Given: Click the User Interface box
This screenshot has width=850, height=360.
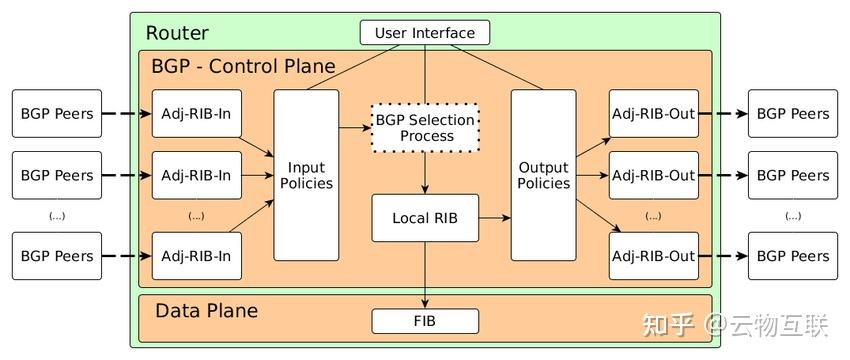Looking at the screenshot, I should point(425,33).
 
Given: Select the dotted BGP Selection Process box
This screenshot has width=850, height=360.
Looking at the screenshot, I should point(425,128).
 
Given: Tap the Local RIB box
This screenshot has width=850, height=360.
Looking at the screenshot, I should point(425,218).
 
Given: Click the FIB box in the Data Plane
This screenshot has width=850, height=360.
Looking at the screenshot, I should point(425,321).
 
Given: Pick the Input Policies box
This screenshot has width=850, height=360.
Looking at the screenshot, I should point(306,175).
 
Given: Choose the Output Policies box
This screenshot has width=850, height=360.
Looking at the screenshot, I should point(543,175).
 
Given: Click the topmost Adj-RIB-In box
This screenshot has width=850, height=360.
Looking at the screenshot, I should point(196,114).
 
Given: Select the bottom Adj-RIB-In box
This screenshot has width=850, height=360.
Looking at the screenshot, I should point(196,256).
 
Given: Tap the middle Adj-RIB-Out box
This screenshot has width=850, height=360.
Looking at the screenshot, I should point(653,175).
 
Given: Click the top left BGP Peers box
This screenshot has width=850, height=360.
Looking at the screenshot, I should point(57,114).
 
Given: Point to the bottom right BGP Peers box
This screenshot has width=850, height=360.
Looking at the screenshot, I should point(793,256).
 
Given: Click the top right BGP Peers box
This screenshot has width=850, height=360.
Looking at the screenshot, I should point(793,114).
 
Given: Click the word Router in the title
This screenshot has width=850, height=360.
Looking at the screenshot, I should point(177,33).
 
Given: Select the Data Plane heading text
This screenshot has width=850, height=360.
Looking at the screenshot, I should point(206,311).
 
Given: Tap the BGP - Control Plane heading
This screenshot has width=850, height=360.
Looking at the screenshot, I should point(243,67).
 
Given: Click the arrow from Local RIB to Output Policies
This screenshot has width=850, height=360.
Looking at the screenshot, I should point(494,218).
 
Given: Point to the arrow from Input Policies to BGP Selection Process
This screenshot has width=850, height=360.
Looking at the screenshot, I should point(354,128).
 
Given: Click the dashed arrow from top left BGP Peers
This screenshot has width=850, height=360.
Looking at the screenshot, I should point(126,114).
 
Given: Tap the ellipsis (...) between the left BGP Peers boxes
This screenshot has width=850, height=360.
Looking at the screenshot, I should point(57,216).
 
